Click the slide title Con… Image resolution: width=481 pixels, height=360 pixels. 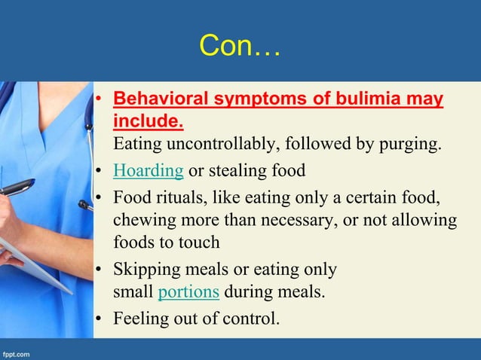[240, 47]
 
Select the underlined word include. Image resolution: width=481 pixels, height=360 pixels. [148, 121]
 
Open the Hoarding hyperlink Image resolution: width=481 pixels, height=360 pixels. [148, 170]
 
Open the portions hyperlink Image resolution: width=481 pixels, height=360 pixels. [189, 291]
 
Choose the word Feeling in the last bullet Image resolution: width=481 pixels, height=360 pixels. [141, 318]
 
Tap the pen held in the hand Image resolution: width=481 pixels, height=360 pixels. [17, 187]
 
